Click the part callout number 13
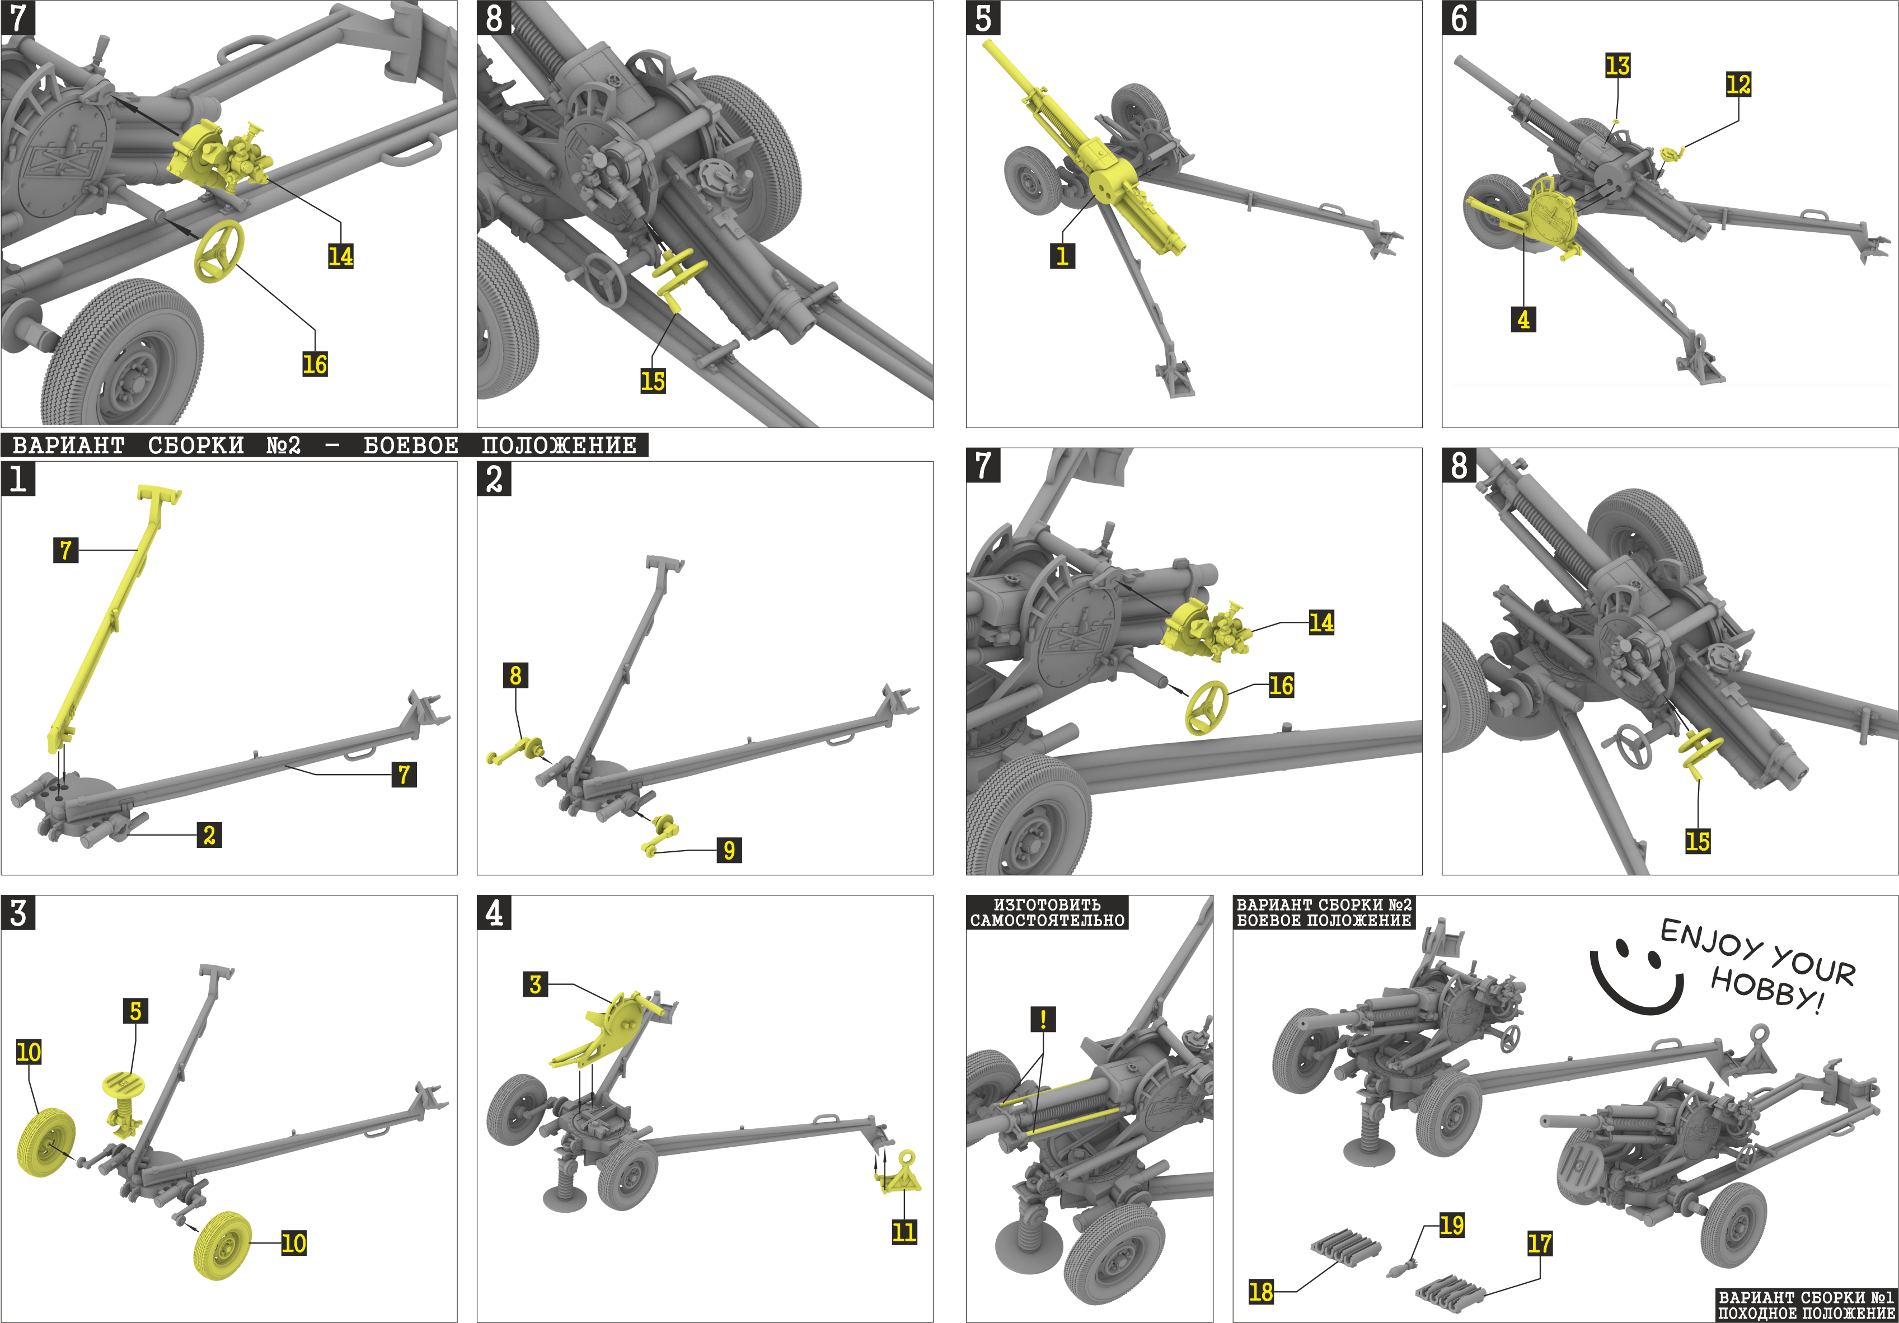click(x=1617, y=65)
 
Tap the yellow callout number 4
click(x=1523, y=319)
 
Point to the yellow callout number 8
click(x=515, y=675)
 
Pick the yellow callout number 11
click(x=904, y=1232)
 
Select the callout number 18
click(x=1260, y=1292)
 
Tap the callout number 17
click(x=1539, y=1244)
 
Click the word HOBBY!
click(x=1765, y=989)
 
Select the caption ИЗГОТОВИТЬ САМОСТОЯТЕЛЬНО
click(x=1047, y=912)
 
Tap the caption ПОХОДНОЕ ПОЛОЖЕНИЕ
click(x=1806, y=1313)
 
